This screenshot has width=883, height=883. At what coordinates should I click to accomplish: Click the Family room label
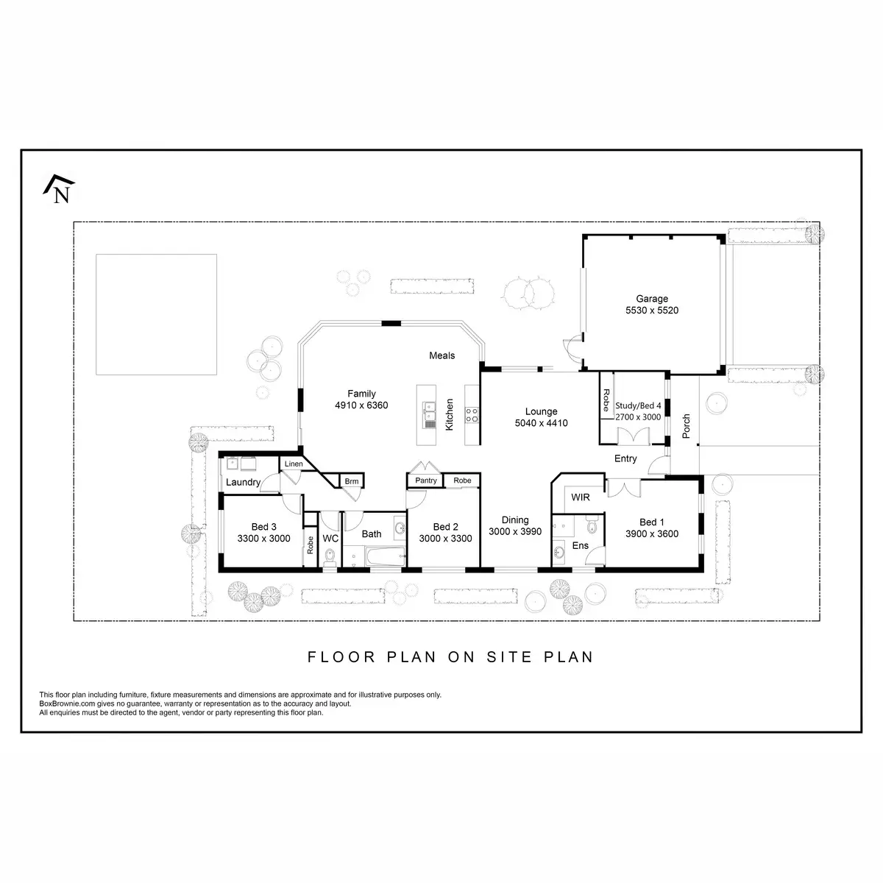coord(361,394)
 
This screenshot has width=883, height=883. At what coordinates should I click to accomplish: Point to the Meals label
coord(442,355)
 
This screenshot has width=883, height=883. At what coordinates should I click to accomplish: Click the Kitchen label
coord(450,414)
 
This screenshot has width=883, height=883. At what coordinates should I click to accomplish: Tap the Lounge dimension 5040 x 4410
coord(541,423)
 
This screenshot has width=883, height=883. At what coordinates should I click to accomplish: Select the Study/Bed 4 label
coord(638,405)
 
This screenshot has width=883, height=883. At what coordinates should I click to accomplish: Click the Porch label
coord(687,427)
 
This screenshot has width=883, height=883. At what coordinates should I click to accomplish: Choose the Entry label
coord(625,458)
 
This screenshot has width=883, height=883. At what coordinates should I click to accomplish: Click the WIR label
coord(581,497)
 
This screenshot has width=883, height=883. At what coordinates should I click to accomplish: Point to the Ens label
coord(581,545)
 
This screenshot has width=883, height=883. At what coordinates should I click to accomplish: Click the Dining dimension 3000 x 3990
coord(515,531)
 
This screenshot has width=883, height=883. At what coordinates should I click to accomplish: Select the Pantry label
coord(425,480)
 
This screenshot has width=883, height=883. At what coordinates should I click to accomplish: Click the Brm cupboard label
coord(352,481)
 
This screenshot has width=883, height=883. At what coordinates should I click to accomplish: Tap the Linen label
coord(293,464)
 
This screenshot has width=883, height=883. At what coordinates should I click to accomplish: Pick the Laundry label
coord(243,483)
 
